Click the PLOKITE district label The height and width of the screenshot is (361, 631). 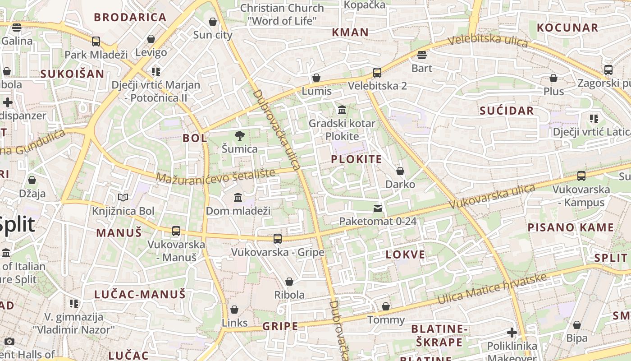356,159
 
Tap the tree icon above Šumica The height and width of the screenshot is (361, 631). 240,135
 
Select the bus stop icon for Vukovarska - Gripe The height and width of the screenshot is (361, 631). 278,239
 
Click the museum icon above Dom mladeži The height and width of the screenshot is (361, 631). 238,198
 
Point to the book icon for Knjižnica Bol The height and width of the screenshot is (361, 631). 123,197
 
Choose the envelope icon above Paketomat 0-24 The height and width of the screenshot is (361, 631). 377,208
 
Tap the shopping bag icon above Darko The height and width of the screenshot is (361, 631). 400,171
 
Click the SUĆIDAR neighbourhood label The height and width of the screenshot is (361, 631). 507,111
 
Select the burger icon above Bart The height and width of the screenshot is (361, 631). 422,55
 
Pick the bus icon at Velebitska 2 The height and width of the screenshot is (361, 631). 377,73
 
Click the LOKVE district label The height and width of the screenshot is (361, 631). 406,255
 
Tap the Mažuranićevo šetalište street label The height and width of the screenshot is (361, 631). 215,176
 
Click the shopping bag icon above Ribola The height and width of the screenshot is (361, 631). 289,282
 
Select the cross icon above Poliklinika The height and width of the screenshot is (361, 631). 512,333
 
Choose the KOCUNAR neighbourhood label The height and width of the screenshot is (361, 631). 567,28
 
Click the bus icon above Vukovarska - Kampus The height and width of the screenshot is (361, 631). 581,176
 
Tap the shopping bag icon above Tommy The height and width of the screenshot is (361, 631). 386,306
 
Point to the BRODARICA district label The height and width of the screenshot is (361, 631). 130,18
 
